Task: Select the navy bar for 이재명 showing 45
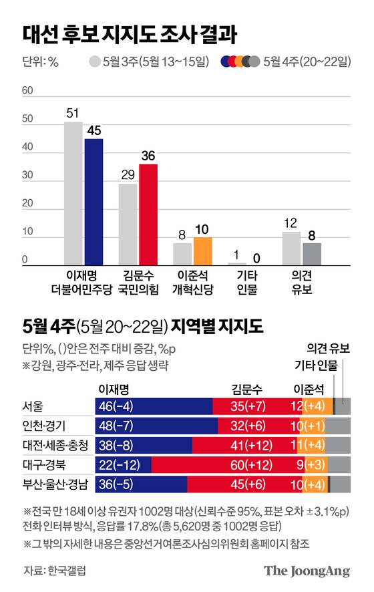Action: pyautogui.click(x=93, y=200)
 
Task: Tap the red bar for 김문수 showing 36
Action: pyautogui.click(x=148, y=214)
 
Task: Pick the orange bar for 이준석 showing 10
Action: pyautogui.click(x=203, y=251)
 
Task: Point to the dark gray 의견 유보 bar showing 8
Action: pyautogui.click(x=312, y=253)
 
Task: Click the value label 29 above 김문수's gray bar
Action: pyautogui.click(x=128, y=173)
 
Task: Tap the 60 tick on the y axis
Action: pyautogui.click(x=27, y=90)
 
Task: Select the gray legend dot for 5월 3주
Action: pyautogui.click(x=95, y=62)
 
